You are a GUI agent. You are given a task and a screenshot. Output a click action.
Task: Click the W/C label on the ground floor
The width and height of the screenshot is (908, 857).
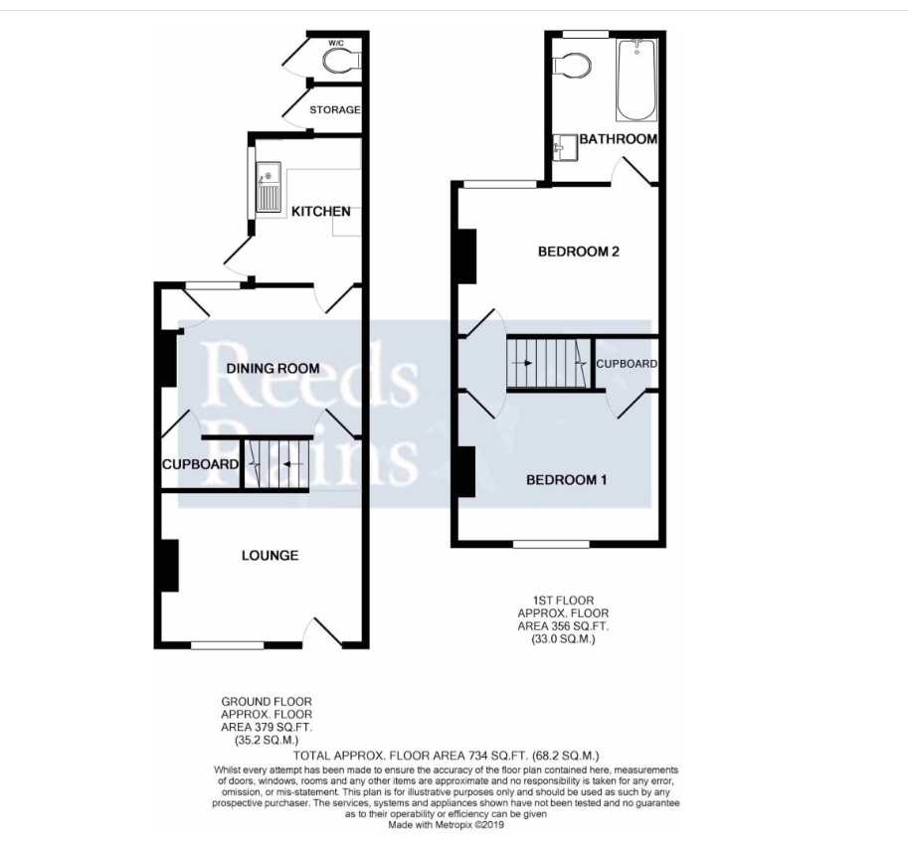pyautogui.click(x=335, y=43)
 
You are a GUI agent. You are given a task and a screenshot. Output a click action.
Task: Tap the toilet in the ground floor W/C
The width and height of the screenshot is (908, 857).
pyautogui.click(x=342, y=61)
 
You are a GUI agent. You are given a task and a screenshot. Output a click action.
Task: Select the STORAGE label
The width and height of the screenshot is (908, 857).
pyautogui.click(x=335, y=109)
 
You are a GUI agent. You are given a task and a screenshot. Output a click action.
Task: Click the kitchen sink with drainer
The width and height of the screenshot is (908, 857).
pyautogui.click(x=269, y=187)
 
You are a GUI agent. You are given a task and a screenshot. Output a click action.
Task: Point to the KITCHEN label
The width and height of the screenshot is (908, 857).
pyautogui.click(x=321, y=212)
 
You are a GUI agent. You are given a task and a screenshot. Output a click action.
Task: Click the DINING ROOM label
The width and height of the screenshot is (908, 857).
pyautogui.click(x=272, y=368)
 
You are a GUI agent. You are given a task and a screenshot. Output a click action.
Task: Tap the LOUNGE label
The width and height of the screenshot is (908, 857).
pyautogui.click(x=270, y=556)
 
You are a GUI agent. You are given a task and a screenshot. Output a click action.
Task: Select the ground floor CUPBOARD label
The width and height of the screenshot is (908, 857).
pyautogui.click(x=200, y=464)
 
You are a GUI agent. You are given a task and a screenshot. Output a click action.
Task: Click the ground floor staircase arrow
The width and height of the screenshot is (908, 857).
pyautogui.click(x=293, y=464)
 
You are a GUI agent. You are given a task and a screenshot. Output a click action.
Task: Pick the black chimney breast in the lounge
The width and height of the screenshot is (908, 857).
pyautogui.click(x=169, y=566)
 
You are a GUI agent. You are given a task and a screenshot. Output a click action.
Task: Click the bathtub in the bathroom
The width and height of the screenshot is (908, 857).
pyautogui.click(x=636, y=80)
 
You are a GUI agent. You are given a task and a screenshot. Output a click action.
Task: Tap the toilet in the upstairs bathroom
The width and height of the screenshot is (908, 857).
pyautogui.click(x=571, y=65)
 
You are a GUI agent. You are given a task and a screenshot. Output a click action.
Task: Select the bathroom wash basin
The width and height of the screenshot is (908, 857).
pyautogui.click(x=565, y=148)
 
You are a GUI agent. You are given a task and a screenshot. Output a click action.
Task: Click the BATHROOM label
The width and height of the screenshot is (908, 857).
pyautogui.click(x=619, y=139)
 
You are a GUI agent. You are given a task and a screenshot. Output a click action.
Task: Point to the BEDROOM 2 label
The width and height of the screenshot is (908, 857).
pyautogui.click(x=579, y=252)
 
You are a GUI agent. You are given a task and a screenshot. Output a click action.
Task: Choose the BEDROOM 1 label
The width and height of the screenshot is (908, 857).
pyautogui.click(x=566, y=480)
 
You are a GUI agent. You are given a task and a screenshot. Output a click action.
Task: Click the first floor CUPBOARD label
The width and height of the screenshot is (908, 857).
pyautogui.click(x=627, y=364)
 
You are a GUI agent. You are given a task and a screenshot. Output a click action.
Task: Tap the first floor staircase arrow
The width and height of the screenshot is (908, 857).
pyautogui.click(x=522, y=363)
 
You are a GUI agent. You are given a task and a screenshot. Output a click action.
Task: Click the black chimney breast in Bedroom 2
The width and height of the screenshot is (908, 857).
pyautogui.click(x=467, y=256)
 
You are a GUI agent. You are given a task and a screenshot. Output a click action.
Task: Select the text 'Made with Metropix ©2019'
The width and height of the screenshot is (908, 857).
pyautogui.click(x=446, y=824)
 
